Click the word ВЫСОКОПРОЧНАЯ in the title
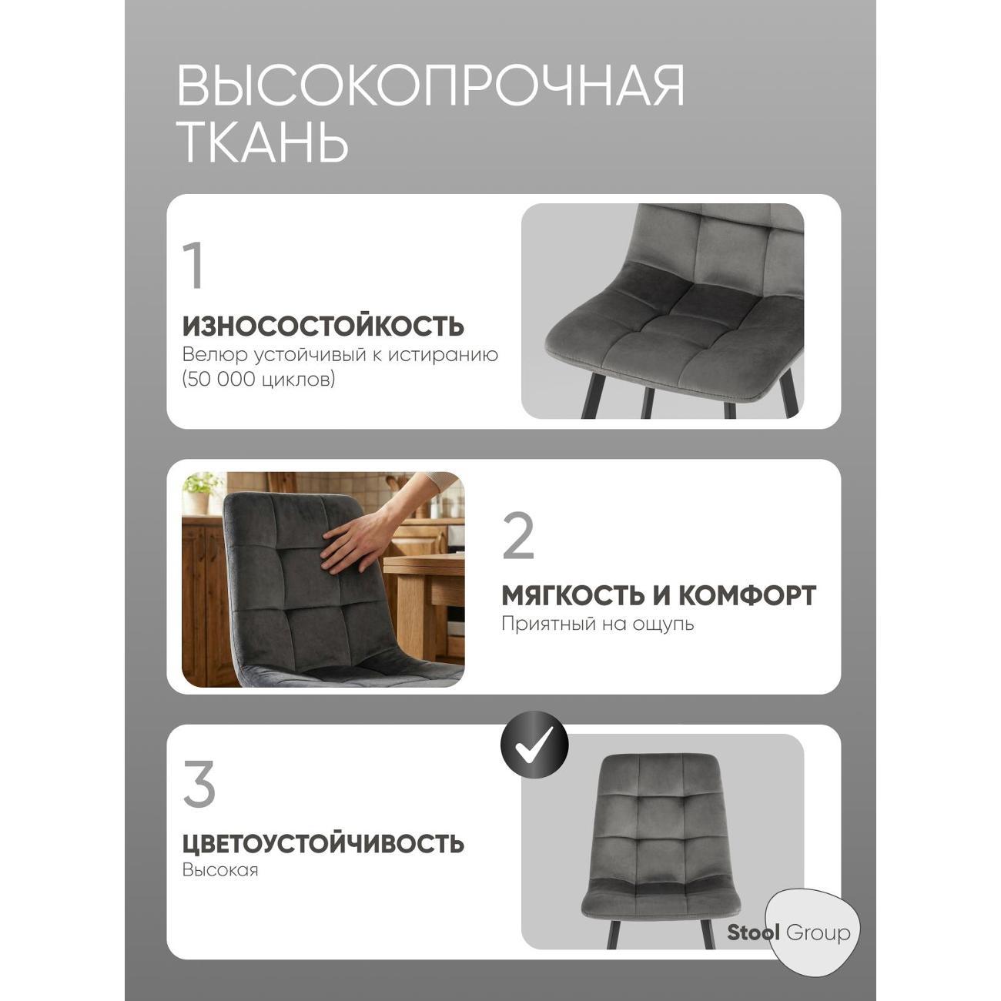430,85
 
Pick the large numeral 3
199,784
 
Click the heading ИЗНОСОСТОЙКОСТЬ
323,326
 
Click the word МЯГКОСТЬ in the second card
572,595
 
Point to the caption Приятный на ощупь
598,624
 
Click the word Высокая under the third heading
220,870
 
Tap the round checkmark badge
534,745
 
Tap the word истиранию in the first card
443,356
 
